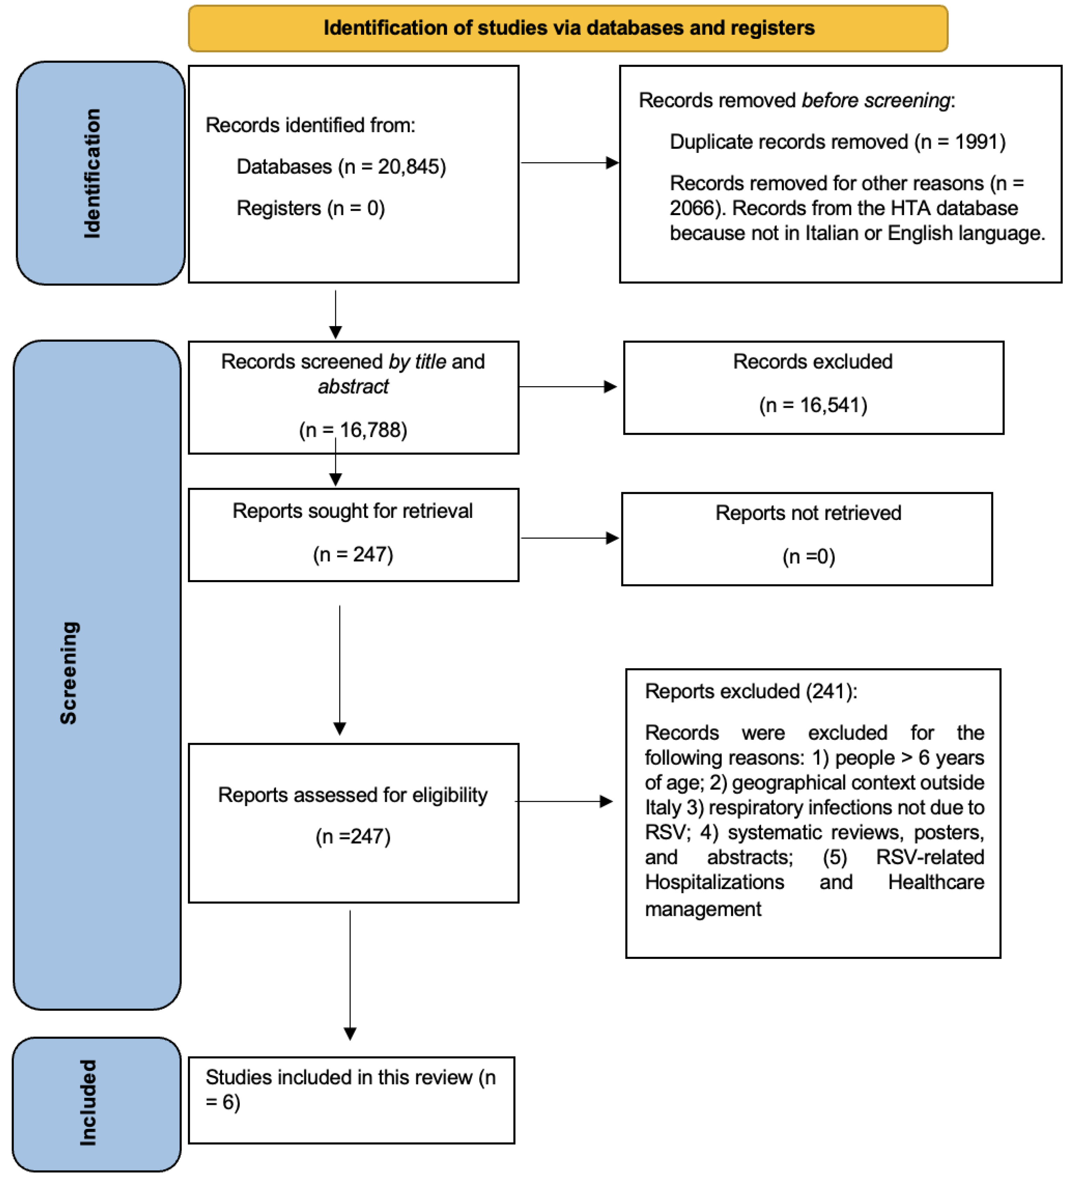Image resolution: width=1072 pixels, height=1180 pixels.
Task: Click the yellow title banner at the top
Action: pos(567,28)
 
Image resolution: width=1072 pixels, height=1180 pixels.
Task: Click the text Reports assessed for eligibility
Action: pos(352,795)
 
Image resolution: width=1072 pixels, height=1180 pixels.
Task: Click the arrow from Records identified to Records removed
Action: pos(569,163)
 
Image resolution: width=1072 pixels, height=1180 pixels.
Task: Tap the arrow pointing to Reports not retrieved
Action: pos(569,538)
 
